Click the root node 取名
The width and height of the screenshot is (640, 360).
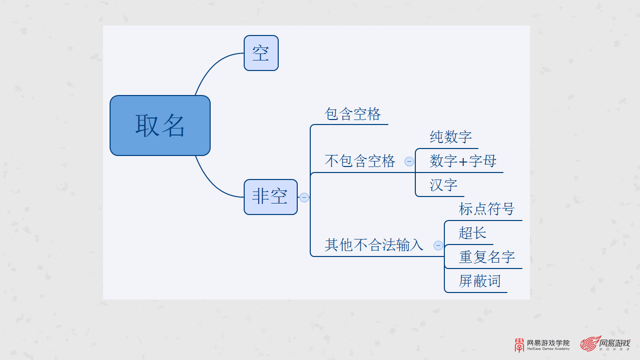point(160,125)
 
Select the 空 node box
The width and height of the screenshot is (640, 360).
point(261,53)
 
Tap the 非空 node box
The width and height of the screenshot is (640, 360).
point(270,196)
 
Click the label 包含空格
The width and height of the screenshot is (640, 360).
point(353,114)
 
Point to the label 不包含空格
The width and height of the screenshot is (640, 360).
point(360,161)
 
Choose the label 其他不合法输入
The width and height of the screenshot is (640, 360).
point(374,245)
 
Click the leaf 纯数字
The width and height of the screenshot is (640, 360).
point(450,137)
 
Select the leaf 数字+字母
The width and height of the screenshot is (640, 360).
point(463,161)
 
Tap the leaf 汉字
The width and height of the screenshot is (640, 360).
point(443,185)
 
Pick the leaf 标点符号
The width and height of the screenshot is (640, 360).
point(486,209)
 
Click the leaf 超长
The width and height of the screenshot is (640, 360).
point(472,233)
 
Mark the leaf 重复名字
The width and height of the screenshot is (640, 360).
point(486,257)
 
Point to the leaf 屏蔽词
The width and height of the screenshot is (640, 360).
point(479,281)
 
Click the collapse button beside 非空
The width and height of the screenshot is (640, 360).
point(304,197)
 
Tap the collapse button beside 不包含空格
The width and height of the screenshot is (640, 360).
point(409,161)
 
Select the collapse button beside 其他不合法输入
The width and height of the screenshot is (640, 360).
point(438,245)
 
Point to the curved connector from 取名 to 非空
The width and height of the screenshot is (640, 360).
point(213,184)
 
